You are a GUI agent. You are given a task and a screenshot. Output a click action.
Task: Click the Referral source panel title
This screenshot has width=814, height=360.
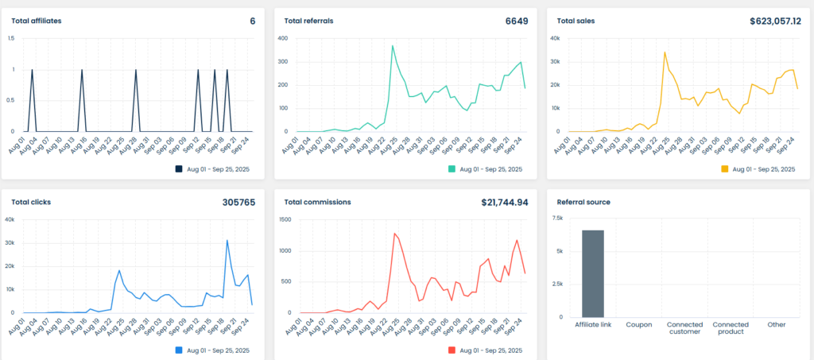tap(583, 202)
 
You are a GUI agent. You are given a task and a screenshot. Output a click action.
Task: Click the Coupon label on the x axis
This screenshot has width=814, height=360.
tap(638, 324)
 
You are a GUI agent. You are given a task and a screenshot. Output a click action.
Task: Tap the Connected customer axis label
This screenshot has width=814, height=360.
tap(684, 327)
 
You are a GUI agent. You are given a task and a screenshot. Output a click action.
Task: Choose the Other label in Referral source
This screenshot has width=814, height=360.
tap(776, 324)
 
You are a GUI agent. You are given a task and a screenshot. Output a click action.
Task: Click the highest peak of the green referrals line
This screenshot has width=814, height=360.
tap(393, 46)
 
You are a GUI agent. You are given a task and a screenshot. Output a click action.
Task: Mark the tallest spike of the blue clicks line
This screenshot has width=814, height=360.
tap(227, 240)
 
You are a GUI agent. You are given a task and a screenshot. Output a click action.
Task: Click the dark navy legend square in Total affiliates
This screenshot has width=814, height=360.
tap(179, 168)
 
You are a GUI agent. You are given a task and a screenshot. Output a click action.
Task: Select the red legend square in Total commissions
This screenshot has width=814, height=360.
tap(452, 350)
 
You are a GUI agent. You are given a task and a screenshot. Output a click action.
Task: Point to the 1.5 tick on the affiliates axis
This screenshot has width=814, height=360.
tap(12, 38)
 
